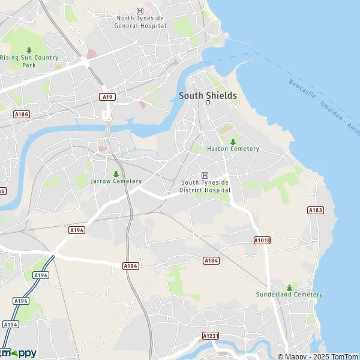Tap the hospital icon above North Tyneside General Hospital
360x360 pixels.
click(140, 11)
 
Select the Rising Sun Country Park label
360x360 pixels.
click(29, 61)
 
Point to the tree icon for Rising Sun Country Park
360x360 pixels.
click(29, 50)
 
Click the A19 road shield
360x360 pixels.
click(107, 97)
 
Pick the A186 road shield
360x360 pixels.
click(22, 114)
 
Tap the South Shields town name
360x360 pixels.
click(208, 95)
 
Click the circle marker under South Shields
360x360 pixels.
click(208, 103)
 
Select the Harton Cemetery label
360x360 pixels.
click(233, 149)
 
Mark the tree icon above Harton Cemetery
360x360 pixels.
click(233, 141)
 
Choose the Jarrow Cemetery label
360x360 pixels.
click(116, 181)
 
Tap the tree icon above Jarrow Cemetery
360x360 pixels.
click(116, 173)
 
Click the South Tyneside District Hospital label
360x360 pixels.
click(205, 187)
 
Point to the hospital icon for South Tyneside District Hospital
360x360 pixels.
click(205, 175)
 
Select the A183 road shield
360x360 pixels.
click(316, 210)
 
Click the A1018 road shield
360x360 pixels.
click(262, 240)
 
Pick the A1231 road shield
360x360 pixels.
click(210, 336)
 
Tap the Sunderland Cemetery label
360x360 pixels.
click(289, 295)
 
